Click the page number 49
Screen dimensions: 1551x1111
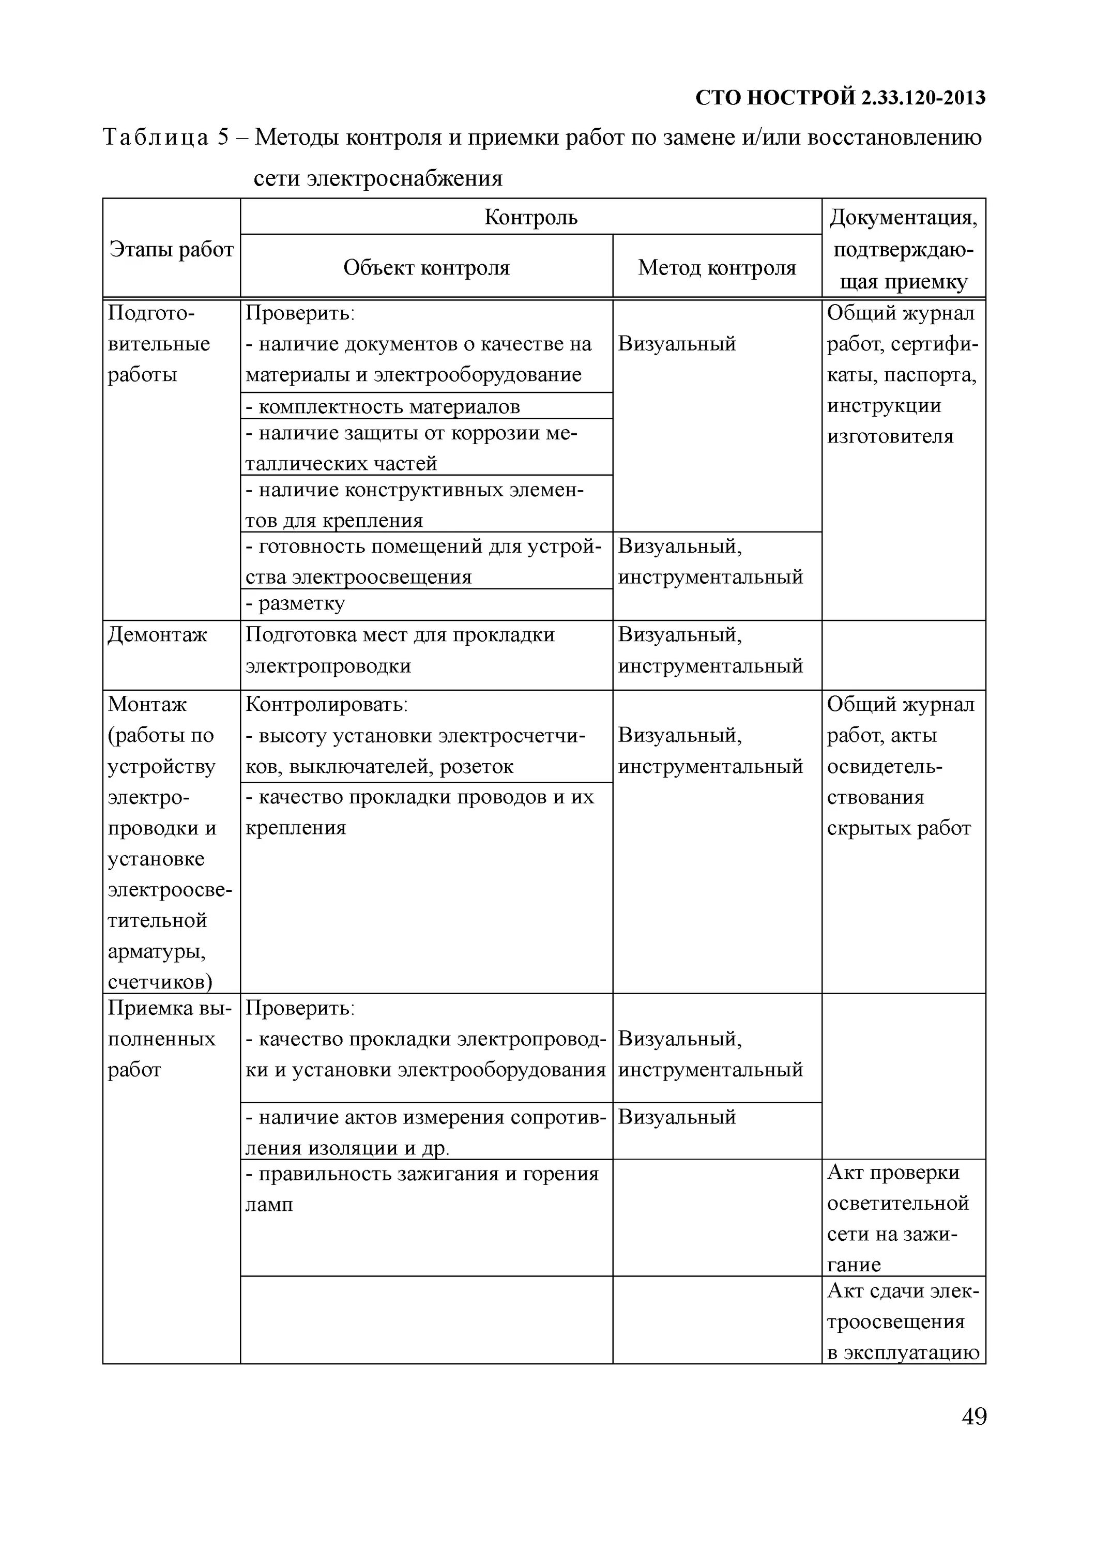point(973,1416)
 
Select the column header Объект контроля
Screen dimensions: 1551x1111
point(426,267)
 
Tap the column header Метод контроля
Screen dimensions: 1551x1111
point(717,267)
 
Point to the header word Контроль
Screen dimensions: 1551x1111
point(530,218)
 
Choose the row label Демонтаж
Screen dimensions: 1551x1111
point(157,635)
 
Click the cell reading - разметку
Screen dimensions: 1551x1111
point(295,603)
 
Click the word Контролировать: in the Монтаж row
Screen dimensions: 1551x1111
point(326,704)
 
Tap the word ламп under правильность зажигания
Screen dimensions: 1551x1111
point(269,1204)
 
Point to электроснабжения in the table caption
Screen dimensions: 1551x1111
point(404,178)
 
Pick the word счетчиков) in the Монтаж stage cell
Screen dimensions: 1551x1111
point(160,982)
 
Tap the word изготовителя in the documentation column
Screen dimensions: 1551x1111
point(890,436)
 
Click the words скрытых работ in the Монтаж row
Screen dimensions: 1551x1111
point(899,828)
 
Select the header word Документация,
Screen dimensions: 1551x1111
point(903,218)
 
